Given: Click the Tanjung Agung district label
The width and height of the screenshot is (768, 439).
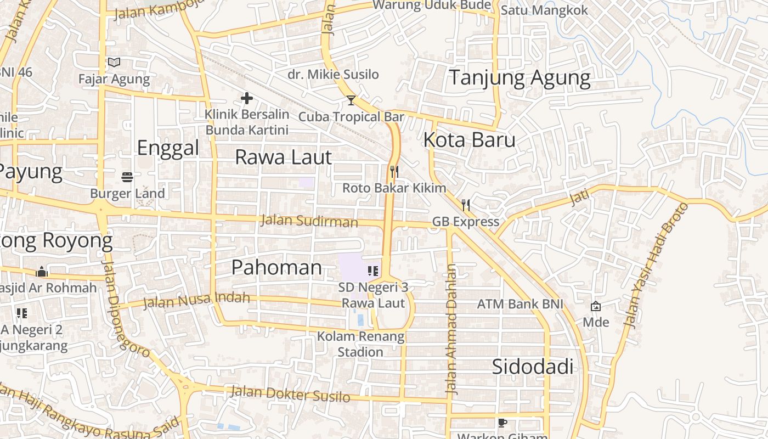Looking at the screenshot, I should (519, 78).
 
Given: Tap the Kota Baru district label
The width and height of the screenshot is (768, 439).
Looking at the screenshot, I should (469, 140).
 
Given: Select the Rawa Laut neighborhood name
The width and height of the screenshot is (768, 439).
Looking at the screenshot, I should (283, 157).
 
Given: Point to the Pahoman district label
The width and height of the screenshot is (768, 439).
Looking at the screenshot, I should (276, 267).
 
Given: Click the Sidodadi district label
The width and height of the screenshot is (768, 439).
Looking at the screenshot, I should (532, 367).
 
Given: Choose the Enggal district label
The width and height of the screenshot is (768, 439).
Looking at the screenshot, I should (168, 148).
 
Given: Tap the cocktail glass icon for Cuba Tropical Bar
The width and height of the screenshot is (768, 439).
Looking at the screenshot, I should (351, 100).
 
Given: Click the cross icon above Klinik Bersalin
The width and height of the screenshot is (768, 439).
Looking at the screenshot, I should (247, 98).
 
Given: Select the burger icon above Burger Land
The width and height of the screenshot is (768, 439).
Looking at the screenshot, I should (127, 177).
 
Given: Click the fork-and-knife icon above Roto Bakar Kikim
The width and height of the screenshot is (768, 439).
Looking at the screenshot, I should (394, 171).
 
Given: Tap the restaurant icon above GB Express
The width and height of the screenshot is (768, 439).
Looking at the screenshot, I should (466, 205).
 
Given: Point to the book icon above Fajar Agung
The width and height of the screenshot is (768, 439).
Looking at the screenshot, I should (114, 63).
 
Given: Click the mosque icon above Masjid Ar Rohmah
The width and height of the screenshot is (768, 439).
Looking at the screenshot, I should (42, 272).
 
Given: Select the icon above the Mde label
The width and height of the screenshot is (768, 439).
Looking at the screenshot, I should (596, 306).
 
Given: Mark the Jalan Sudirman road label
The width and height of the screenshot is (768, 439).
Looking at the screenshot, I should (309, 221).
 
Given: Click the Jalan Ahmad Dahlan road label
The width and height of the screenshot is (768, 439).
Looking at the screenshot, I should (451, 329).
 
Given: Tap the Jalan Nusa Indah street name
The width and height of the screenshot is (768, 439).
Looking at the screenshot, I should (196, 300).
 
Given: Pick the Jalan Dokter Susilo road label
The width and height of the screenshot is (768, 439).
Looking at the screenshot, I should (290, 393).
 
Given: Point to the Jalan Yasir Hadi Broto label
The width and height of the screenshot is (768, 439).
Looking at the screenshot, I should (656, 266).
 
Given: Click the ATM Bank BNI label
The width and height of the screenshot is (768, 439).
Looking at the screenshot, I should (519, 303).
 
